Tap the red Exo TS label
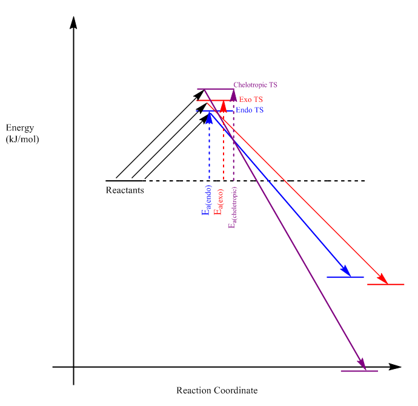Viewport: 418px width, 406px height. [x=251, y=99]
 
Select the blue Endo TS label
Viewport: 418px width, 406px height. [x=250, y=110]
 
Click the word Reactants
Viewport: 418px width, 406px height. [x=125, y=189]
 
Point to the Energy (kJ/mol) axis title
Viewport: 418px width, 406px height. [x=22, y=134]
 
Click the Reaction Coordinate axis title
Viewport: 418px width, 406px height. [x=217, y=390]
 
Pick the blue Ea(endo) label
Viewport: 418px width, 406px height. [x=206, y=204]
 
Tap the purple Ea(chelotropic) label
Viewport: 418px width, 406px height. [x=233, y=208]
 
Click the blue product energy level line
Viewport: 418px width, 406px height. [x=345, y=277]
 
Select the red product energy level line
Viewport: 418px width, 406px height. [x=386, y=284]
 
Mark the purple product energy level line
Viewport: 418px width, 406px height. [x=360, y=371]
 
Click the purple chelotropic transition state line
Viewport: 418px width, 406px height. [x=216, y=89]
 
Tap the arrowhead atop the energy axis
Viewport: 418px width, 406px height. [x=74, y=22]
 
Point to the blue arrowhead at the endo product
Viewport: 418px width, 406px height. [x=346, y=271]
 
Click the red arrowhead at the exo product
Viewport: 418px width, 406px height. [x=382, y=278]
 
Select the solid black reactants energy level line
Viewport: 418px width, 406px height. [x=125, y=181]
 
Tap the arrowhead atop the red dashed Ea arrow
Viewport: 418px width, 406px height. [x=224, y=107]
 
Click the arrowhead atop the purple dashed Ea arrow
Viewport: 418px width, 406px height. [x=233, y=95]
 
